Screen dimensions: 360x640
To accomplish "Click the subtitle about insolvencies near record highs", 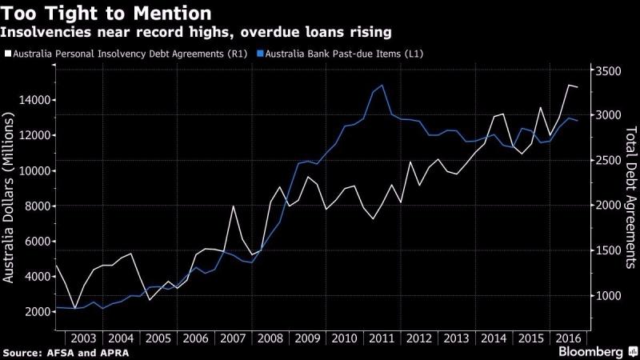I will point(195,32).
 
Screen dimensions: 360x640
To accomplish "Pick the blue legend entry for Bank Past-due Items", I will point(341,54).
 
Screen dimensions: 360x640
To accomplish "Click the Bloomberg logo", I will point(592,352).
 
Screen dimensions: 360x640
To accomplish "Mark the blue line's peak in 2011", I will point(382,85).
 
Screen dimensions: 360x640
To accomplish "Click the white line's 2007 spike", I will point(233,206).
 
